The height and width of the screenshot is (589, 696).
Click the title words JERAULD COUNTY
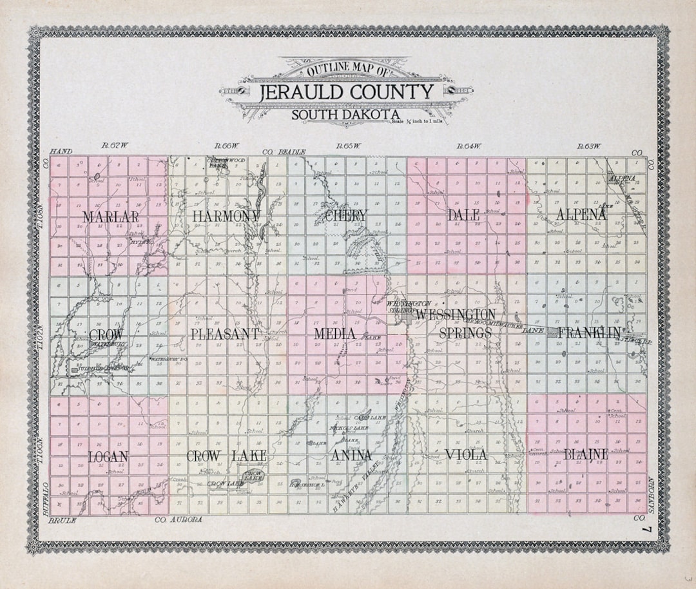[x=347, y=92]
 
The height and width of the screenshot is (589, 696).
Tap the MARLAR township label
[x=110, y=217]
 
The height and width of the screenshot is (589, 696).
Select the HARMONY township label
[x=226, y=217]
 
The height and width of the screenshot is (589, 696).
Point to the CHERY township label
[x=346, y=215]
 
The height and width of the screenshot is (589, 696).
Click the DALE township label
[x=463, y=215]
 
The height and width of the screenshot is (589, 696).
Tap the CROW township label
[x=106, y=335]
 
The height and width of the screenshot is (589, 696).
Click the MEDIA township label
[x=334, y=334]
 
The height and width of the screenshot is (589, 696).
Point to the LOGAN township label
[x=108, y=457]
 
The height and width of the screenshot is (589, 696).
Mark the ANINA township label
[x=351, y=456]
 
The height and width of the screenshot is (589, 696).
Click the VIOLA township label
[x=466, y=455]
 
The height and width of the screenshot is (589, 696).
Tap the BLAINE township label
[x=586, y=454]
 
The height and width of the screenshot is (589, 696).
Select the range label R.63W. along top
[x=588, y=146]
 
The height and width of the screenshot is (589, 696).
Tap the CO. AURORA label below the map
[x=179, y=519]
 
